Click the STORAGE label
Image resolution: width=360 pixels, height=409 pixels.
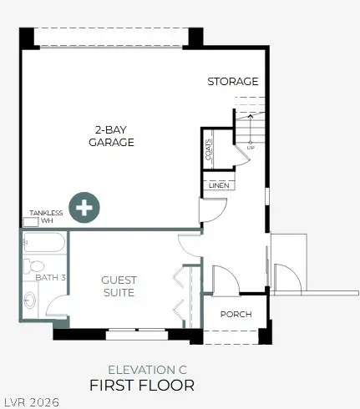[232, 81]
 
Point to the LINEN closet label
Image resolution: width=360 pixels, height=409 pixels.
[219, 184]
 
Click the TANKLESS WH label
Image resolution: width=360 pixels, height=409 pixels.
[46, 216]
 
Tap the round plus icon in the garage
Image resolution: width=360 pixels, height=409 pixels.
[84, 208]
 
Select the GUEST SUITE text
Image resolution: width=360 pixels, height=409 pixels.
[119, 285]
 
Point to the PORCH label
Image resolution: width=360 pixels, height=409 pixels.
[236, 315]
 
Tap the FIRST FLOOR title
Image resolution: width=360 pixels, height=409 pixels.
[142, 385]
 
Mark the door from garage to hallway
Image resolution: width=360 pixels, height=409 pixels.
[209, 210]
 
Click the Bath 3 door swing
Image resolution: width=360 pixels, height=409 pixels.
[58, 305]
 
